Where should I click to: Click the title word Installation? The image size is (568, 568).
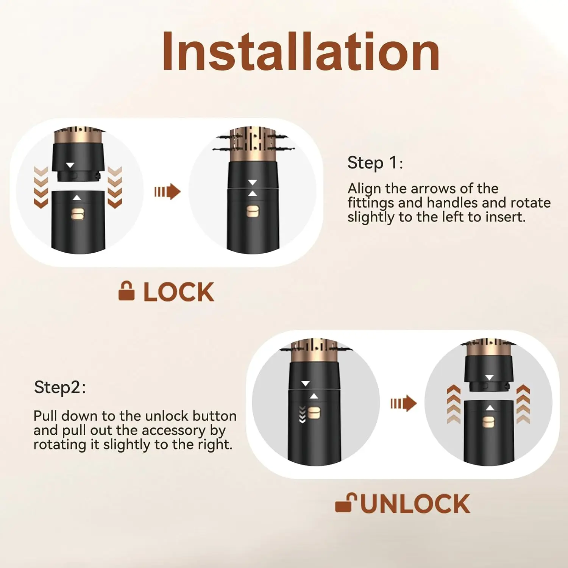(x=301, y=52)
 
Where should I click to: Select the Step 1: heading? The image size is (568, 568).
(x=375, y=163)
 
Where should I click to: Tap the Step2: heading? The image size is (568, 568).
(x=60, y=387)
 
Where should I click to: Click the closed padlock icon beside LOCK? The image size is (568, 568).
(x=126, y=291)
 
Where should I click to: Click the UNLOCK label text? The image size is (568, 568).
(x=415, y=504)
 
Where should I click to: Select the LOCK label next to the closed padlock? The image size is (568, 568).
(x=179, y=292)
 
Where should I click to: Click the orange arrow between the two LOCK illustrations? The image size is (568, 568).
(x=167, y=192)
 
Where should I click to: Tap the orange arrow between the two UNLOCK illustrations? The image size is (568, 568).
(x=403, y=403)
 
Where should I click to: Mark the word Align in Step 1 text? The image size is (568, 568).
(x=365, y=188)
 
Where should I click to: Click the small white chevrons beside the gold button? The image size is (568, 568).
(x=302, y=414)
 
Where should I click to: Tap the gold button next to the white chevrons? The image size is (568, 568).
(x=314, y=413)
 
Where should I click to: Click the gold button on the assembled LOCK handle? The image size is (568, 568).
(x=253, y=211)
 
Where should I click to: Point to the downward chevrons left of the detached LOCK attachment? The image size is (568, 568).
(x=41, y=187)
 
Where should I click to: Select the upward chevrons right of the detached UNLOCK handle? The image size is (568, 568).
(x=523, y=404)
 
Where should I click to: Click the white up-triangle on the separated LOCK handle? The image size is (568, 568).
(x=77, y=198)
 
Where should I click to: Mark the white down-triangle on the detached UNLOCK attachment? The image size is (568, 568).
(x=489, y=378)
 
